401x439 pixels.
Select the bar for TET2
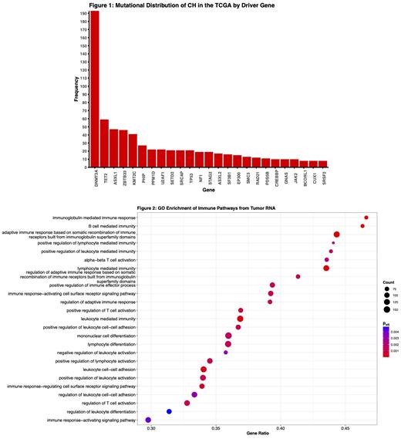[x=104, y=144]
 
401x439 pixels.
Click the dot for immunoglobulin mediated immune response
[x=366, y=218]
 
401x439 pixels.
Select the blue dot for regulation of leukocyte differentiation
[x=169, y=411]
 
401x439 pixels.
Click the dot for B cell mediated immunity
[x=362, y=226]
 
